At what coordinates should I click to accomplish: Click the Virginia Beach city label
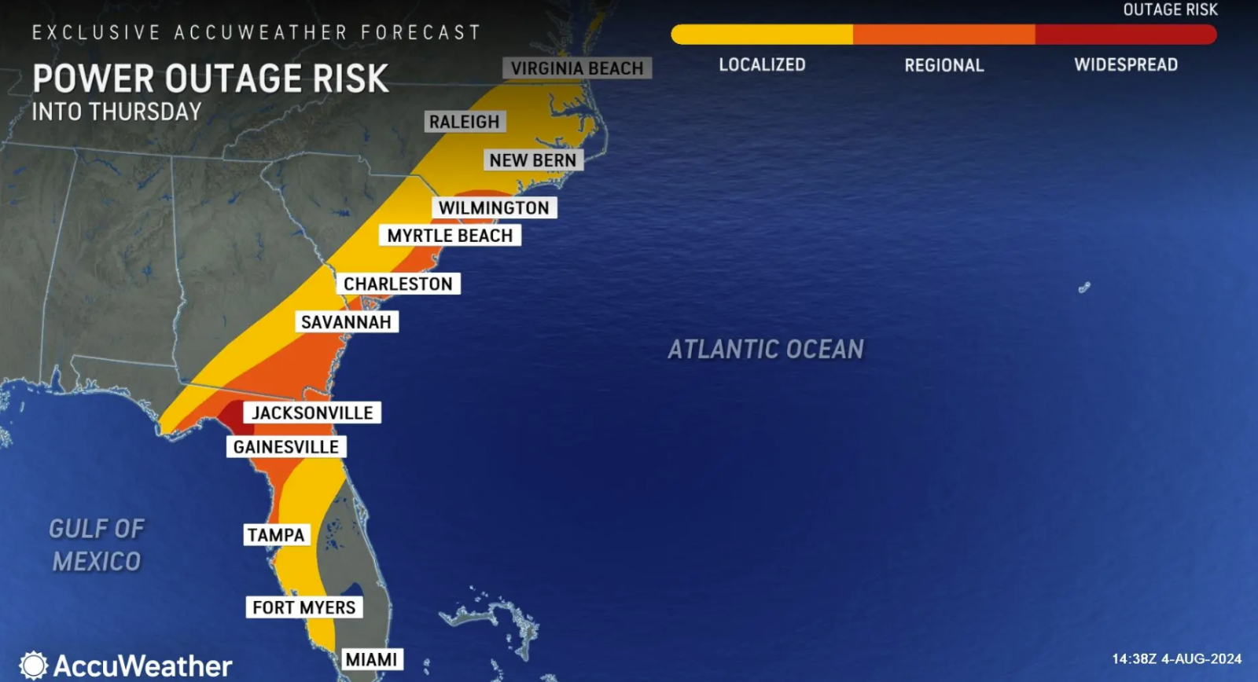click(x=577, y=68)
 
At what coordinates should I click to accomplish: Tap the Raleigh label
click(x=464, y=122)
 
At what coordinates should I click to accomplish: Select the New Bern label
click(x=532, y=160)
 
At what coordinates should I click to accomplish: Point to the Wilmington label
click(x=494, y=207)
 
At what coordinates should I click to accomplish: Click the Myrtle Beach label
click(x=450, y=236)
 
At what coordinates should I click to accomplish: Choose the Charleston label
click(x=398, y=284)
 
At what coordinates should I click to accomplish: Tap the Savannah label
click(x=346, y=322)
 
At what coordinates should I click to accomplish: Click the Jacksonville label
click(x=312, y=413)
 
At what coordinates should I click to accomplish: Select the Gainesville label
click(x=286, y=447)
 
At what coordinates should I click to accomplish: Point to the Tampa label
click(x=276, y=535)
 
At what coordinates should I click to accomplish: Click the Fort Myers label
click(x=304, y=607)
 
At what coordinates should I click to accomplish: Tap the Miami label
click(x=372, y=659)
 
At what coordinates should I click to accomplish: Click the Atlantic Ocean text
click(x=766, y=349)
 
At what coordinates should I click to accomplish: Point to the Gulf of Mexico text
click(x=97, y=544)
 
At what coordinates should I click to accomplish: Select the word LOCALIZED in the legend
click(x=762, y=64)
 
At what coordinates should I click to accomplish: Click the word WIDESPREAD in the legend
click(x=1126, y=64)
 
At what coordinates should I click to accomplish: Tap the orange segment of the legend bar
click(x=943, y=35)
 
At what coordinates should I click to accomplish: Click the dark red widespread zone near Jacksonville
click(x=233, y=414)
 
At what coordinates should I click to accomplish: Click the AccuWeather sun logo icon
click(x=33, y=665)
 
